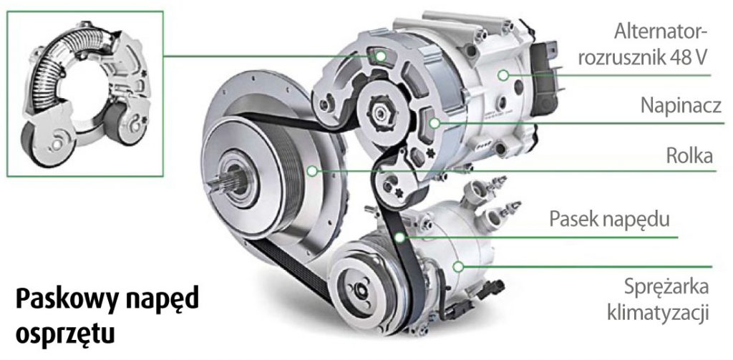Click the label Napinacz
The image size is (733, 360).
tap(676, 107)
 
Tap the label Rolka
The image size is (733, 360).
tap(689, 156)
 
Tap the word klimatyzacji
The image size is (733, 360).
tap(658, 313)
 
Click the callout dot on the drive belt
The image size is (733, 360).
tap(399, 238)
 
